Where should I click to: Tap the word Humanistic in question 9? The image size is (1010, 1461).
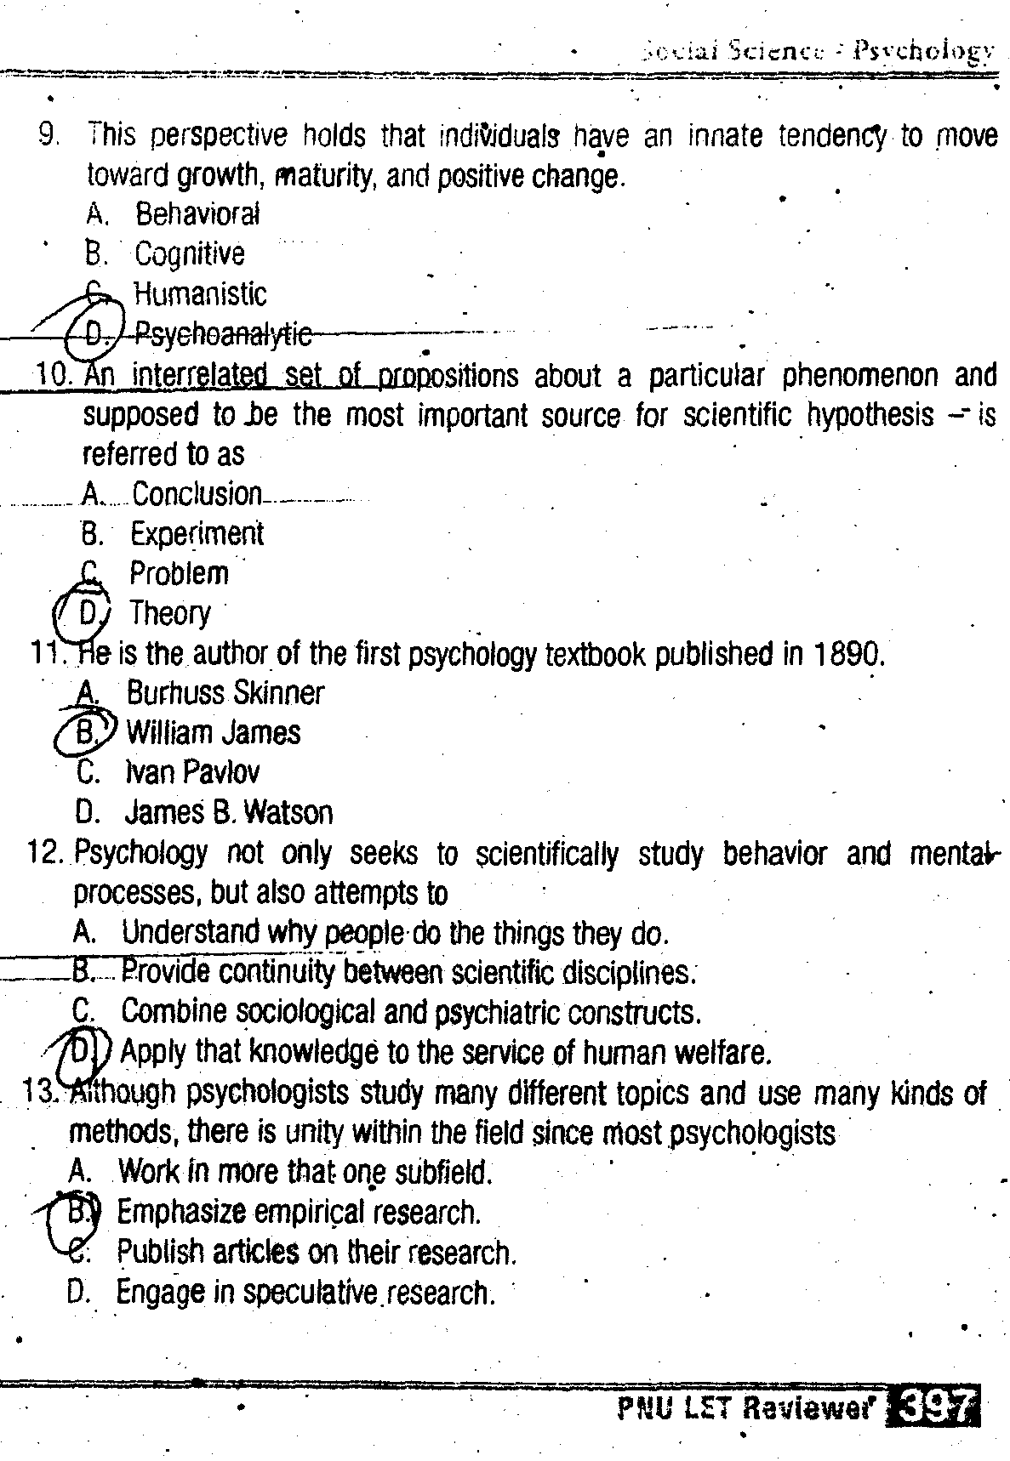200,294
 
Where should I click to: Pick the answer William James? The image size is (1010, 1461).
213,732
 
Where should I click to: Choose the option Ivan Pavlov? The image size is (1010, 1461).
192,772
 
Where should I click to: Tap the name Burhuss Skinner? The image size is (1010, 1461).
225,693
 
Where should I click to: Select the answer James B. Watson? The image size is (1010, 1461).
228,812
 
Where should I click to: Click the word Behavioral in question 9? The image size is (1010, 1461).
197,213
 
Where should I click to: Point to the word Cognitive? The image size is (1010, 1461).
189,253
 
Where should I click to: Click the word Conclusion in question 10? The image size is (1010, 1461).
197,493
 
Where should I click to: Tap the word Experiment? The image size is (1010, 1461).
197,533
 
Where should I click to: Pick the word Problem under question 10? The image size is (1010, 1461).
179,573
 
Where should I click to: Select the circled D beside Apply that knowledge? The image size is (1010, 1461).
80,1052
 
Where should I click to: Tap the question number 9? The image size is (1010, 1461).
48,134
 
